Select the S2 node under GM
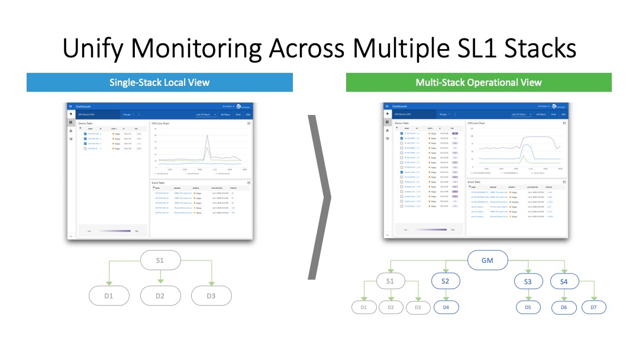tap(446, 281)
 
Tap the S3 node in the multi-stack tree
tap(527, 282)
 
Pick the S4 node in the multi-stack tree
tap(563, 282)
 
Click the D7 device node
tap(594, 307)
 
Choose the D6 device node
tap(563, 307)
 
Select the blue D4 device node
tap(446, 307)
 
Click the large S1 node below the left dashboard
tap(160, 260)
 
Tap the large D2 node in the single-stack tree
tap(160, 295)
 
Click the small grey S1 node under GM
tap(389, 281)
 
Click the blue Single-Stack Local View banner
tap(159, 82)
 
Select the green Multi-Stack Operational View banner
tap(478, 82)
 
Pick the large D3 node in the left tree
tap(211, 295)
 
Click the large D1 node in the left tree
tap(109, 295)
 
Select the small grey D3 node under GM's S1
tap(418, 307)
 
